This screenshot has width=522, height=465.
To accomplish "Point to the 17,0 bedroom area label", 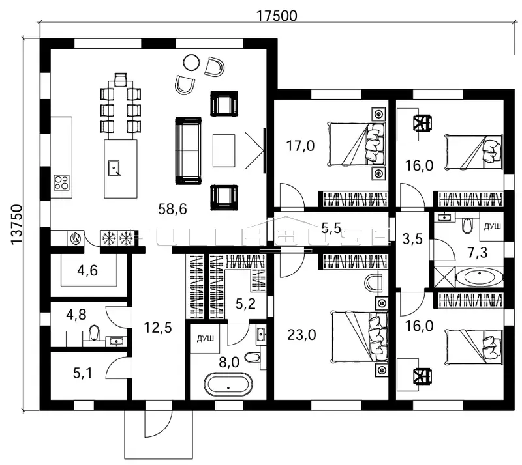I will click(x=301, y=145).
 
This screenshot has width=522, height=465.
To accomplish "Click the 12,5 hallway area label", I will click(x=157, y=328).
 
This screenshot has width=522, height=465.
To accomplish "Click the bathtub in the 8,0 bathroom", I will click(x=228, y=385).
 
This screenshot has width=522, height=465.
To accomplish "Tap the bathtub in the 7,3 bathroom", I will click(x=479, y=278).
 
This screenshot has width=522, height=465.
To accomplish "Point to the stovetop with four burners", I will click(x=61, y=182).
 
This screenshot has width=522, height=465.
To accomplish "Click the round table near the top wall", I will click(x=191, y=63).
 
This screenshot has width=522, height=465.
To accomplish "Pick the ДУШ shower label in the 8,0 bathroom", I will click(x=202, y=339).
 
